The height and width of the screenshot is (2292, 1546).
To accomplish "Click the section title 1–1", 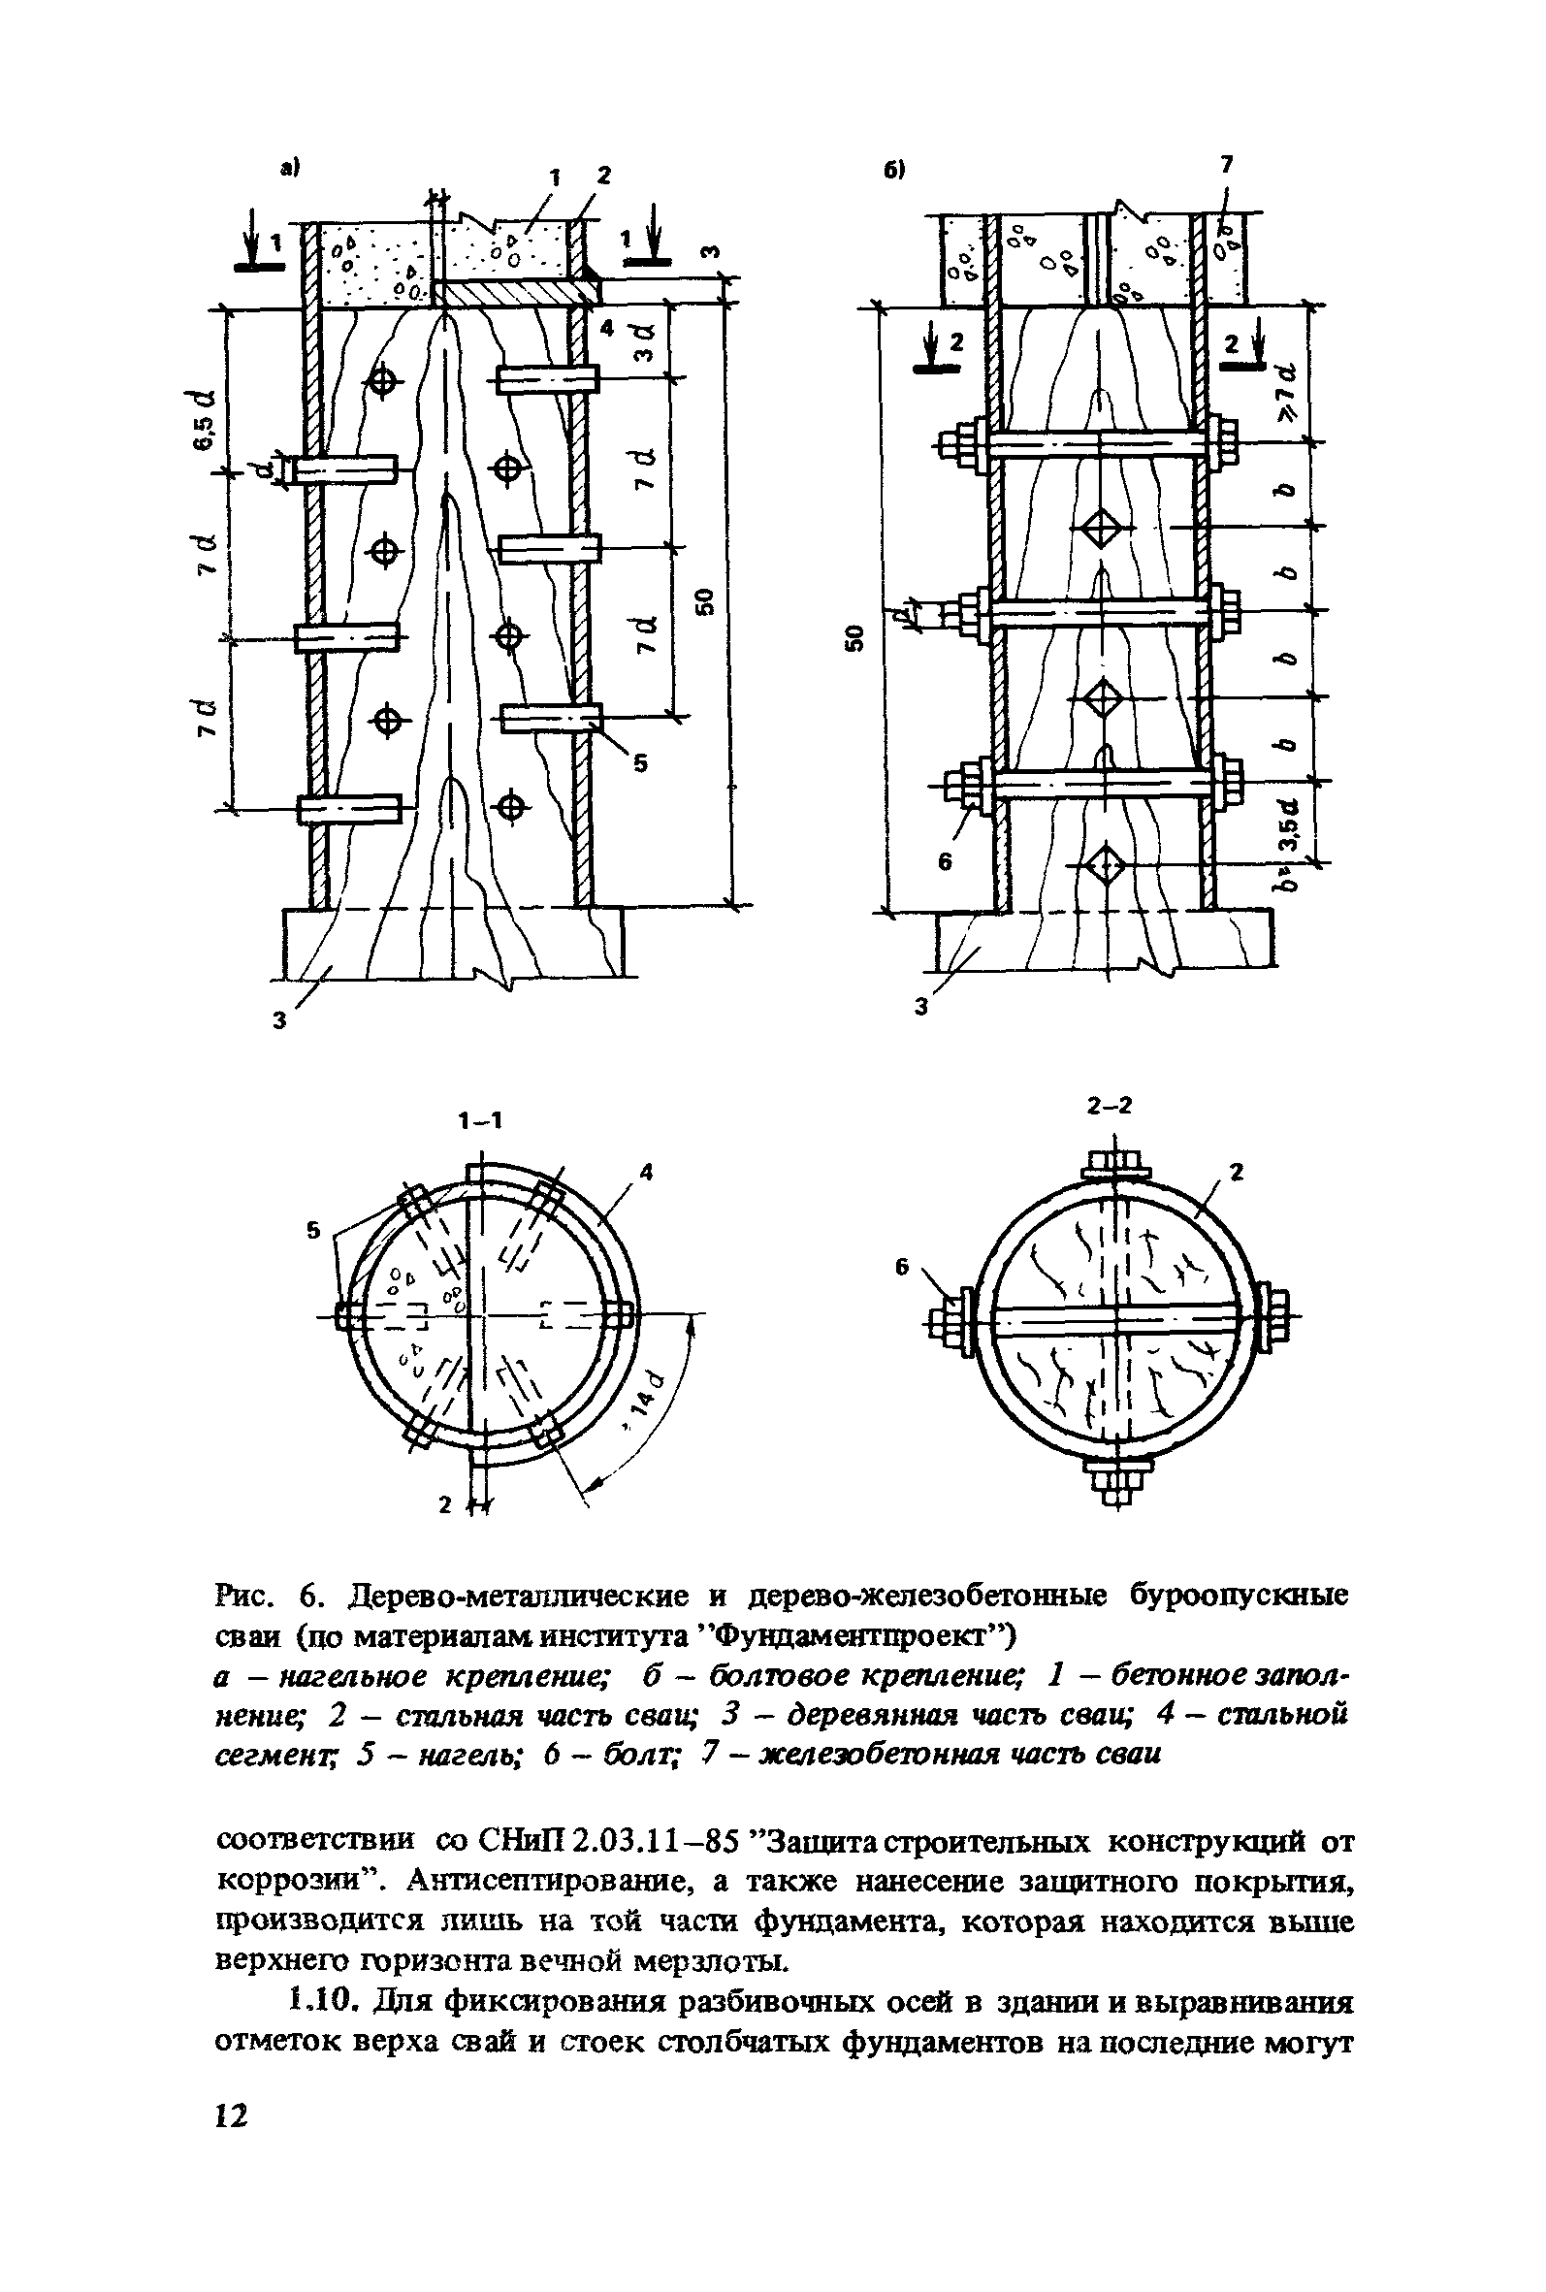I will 479,1120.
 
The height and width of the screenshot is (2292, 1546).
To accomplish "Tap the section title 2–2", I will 1111,1106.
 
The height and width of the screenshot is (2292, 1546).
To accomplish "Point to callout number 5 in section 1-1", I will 314,1230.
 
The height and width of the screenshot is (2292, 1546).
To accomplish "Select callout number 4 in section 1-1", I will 647,1172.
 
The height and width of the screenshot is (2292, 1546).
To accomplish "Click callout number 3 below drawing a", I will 280,1022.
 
